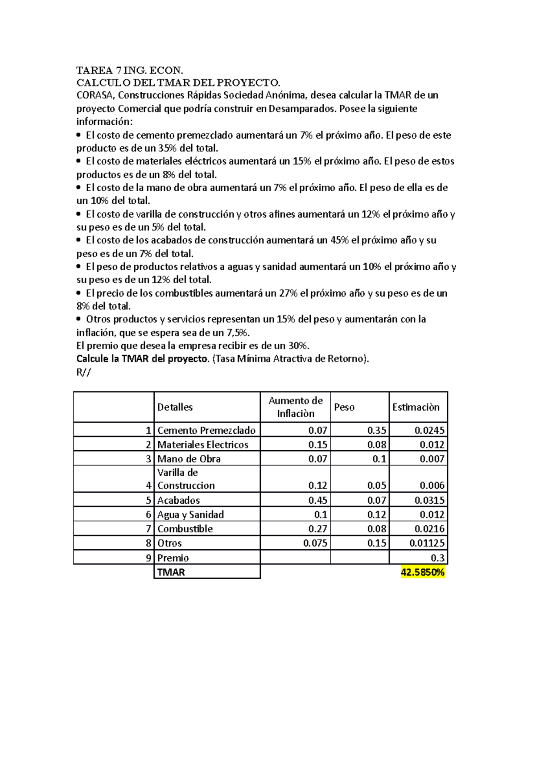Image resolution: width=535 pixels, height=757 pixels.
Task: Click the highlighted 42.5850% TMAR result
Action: pyautogui.click(x=422, y=572)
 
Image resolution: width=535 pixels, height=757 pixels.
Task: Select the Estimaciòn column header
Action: pyautogui.click(x=416, y=407)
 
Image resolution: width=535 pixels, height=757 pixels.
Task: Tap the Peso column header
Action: pyautogui.click(x=344, y=407)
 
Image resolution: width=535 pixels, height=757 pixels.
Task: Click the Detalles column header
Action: pyautogui.click(x=175, y=407)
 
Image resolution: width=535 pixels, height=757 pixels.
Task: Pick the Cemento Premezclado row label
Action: pyautogui.click(x=206, y=430)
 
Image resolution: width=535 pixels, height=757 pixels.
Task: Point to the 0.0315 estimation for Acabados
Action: pyautogui.click(x=429, y=500)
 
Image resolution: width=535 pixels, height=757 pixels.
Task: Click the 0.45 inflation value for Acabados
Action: pyautogui.click(x=317, y=500)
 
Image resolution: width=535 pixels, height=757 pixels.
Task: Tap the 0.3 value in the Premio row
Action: pyautogui.click(x=437, y=558)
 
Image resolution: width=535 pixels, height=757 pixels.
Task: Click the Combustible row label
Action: pyautogui.click(x=185, y=529)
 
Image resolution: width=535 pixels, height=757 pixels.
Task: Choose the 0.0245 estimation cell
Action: pyautogui.click(x=429, y=430)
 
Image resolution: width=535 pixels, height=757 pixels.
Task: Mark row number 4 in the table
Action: pyautogui.click(x=148, y=485)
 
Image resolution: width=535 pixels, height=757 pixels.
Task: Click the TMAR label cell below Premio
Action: pyautogui.click(x=171, y=572)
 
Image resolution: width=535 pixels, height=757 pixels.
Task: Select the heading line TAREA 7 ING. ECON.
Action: pyautogui.click(x=129, y=70)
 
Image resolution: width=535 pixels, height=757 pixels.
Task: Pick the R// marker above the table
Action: pyautogui.click(x=83, y=372)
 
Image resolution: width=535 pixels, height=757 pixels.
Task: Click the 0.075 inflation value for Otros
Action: pyautogui.click(x=315, y=543)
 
